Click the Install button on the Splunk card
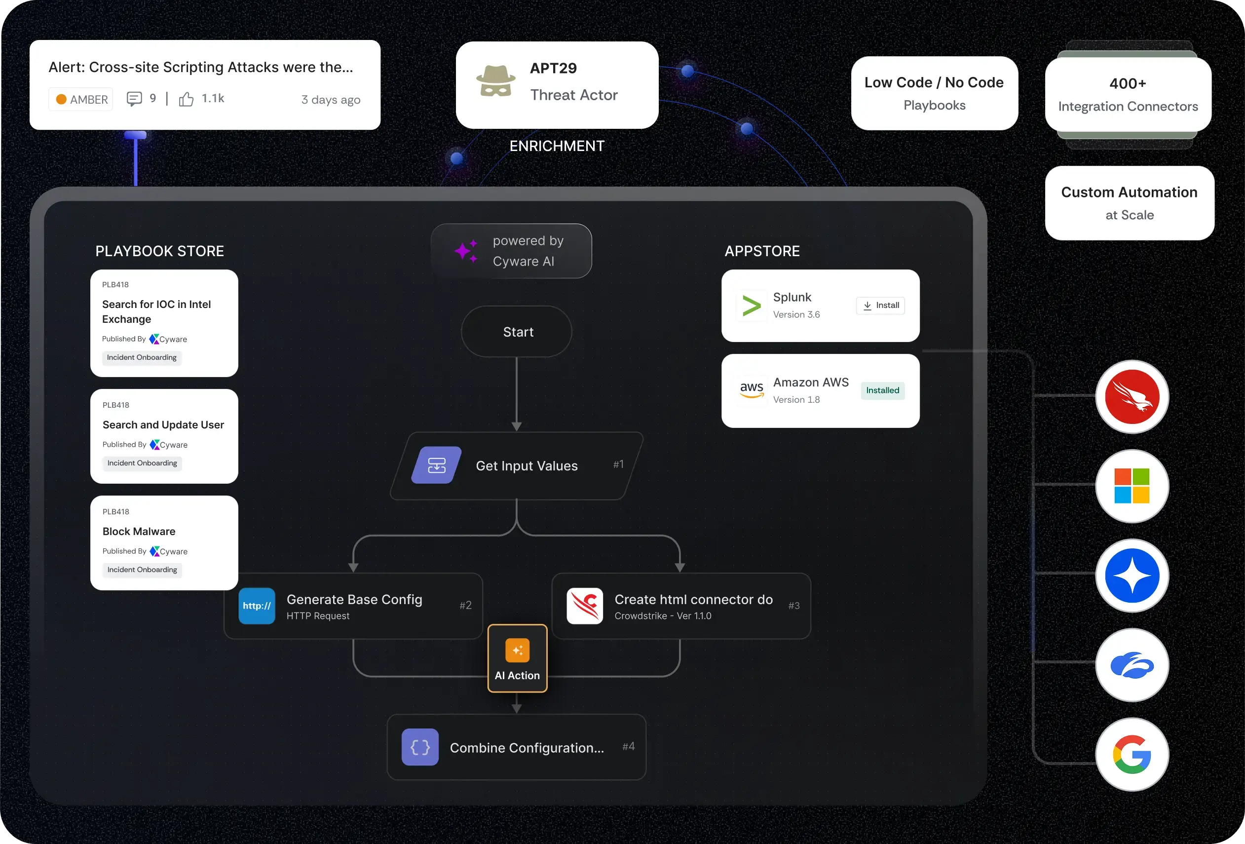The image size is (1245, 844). [880, 306]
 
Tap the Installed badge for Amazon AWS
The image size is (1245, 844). [882, 390]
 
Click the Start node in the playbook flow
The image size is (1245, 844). [518, 332]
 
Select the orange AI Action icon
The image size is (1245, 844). [517, 650]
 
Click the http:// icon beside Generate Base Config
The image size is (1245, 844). [257, 606]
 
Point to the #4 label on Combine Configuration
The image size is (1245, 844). [628, 746]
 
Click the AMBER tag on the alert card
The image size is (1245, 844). [81, 99]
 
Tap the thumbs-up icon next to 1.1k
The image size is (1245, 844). [186, 99]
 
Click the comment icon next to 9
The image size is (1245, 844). [134, 99]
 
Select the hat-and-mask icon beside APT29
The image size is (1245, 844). [495, 81]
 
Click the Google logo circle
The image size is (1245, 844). [1132, 755]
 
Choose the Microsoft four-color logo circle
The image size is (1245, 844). [1132, 486]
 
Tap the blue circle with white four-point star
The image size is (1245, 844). [1132, 576]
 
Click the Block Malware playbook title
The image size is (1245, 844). [139, 532]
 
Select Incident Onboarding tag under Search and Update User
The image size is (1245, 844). [142, 463]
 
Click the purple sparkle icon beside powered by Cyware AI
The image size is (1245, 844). [466, 251]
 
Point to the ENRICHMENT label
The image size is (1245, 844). [557, 146]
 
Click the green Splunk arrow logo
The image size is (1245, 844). [751, 306]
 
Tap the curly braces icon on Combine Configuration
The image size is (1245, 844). [420, 747]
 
